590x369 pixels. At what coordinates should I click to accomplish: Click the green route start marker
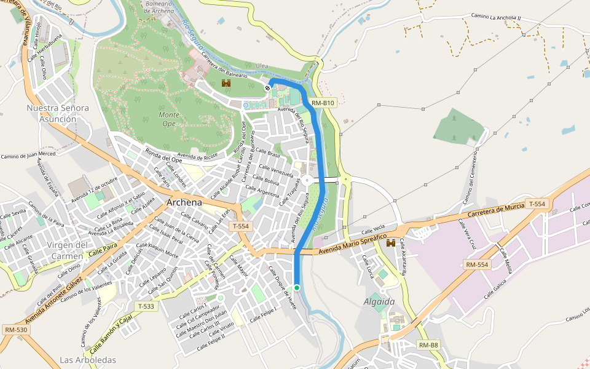point(296,287)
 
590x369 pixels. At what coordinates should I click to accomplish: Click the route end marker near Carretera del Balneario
point(267,88)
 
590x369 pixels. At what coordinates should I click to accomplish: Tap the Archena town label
point(184,203)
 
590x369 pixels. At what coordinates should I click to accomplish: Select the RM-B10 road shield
point(323,103)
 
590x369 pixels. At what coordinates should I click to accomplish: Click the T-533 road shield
point(146,306)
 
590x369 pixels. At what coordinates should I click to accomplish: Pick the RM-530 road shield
point(16,330)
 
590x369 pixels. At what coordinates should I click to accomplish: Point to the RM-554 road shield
point(477,264)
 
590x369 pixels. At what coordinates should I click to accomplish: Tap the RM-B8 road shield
point(429,345)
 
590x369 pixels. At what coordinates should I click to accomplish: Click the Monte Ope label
point(169,119)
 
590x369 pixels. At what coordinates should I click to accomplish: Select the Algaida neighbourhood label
point(379,301)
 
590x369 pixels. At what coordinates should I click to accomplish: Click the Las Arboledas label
point(88,359)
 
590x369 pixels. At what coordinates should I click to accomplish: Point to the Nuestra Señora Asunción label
point(58,113)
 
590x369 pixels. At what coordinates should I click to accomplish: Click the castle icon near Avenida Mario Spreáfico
point(390,244)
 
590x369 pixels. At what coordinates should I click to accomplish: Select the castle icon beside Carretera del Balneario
point(226,84)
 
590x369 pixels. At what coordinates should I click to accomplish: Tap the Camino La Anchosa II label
point(496,17)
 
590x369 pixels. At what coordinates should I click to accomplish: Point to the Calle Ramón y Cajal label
point(110,333)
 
